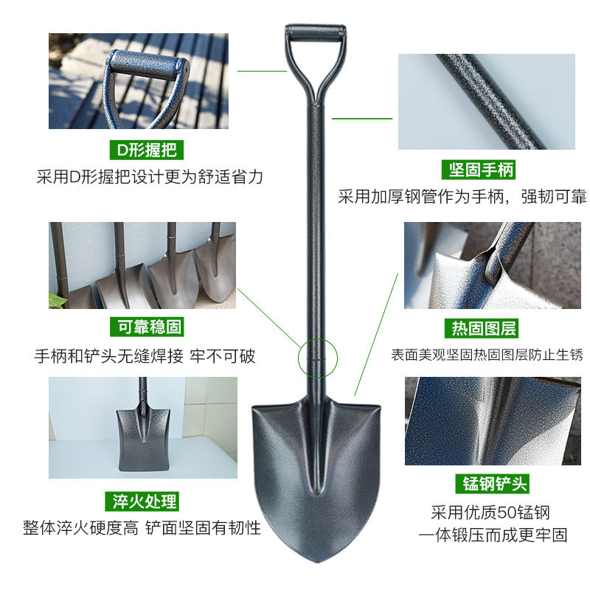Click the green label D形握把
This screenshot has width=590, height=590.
146,151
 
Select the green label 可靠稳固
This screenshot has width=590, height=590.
146,326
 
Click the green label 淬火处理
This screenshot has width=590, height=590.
145,502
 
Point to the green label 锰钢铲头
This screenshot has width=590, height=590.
490,485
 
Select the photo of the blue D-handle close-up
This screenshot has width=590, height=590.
139,81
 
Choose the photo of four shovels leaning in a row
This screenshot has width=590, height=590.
142,265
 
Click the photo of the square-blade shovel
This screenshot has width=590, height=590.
143,428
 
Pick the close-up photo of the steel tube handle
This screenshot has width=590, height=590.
486,102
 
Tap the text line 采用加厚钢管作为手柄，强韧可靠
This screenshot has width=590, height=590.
462,197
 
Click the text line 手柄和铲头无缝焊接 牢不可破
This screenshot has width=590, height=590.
145,356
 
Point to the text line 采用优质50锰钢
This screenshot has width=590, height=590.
490,513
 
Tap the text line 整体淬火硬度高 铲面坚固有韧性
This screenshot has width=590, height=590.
142,528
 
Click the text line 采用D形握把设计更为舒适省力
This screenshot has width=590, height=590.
150,177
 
